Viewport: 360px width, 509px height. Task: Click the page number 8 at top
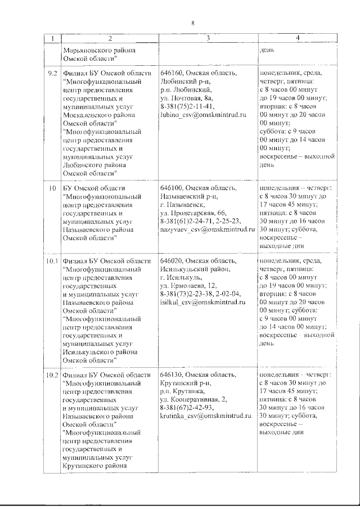(x=192, y=22)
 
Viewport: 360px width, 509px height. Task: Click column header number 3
(x=208, y=38)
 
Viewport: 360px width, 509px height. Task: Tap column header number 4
(x=296, y=38)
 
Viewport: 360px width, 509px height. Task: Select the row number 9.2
(x=52, y=74)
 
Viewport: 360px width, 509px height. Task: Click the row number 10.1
(x=52, y=261)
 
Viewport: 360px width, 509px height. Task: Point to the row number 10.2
(x=52, y=375)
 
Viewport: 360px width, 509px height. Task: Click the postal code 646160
(x=172, y=74)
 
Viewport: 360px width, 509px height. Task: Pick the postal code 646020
(x=172, y=261)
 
